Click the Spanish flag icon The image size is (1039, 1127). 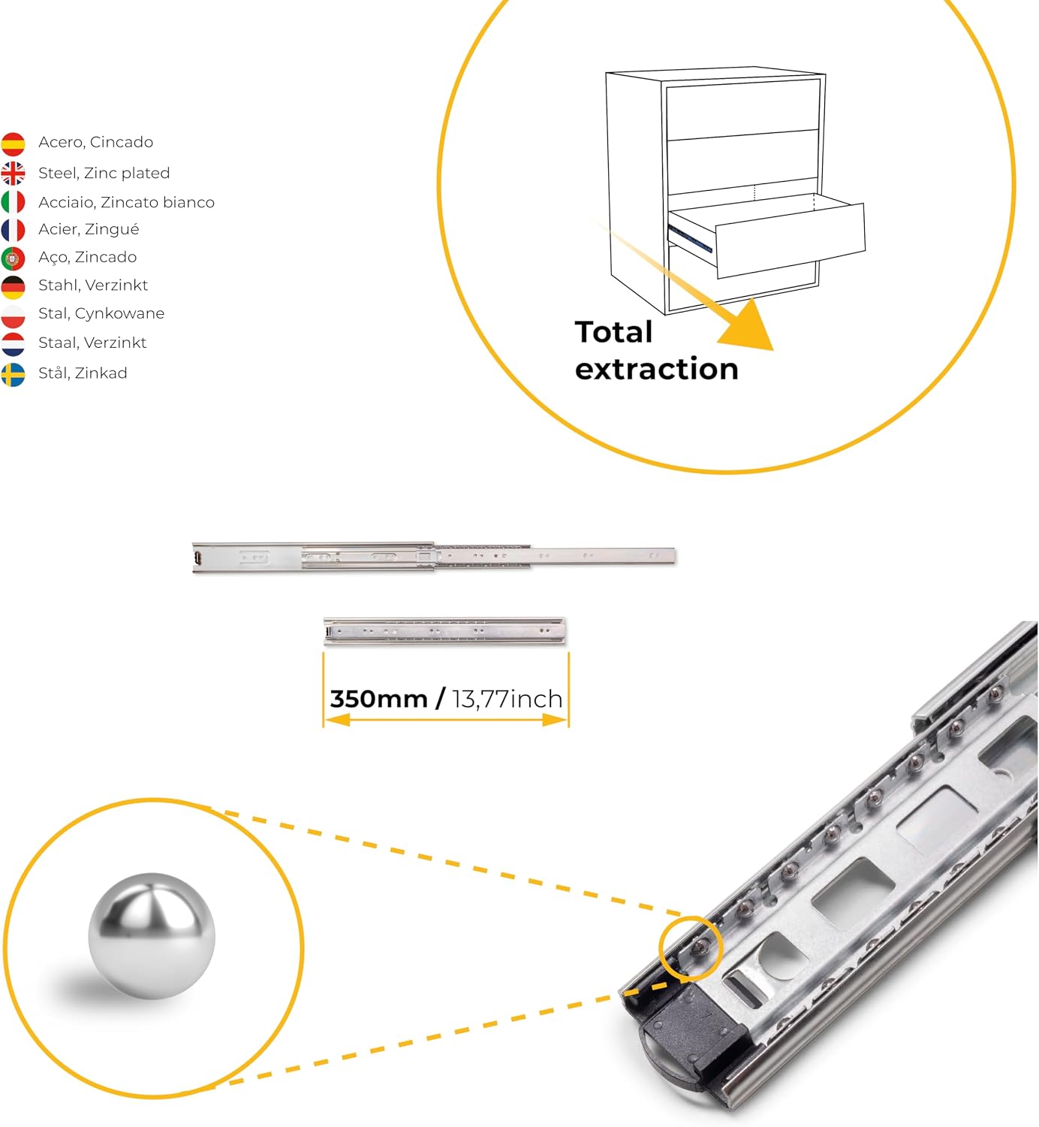pos(13,144)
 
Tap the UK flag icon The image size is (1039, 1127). pos(13,173)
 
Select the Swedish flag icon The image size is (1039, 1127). pos(13,374)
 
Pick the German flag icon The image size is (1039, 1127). pos(13,287)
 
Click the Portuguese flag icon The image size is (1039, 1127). pos(13,258)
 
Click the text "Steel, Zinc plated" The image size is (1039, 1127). pos(104,173)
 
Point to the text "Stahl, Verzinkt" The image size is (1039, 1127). pos(93,285)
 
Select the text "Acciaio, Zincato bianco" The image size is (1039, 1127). pos(126,202)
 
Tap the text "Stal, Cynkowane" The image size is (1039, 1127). pos(101,313)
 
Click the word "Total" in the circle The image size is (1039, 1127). pos(613,331)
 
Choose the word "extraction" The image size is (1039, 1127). pos(657,369)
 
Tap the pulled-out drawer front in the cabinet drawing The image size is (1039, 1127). pos(791,240)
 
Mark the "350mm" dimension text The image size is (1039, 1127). pos(379,699)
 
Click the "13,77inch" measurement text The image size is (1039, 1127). pos(507,699)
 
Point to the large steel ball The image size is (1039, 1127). pos(152,936)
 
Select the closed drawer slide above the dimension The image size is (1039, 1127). pos(444,631)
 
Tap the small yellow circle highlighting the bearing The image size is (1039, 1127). pos(690,917)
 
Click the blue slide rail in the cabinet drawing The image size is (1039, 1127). pos(690,237)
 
